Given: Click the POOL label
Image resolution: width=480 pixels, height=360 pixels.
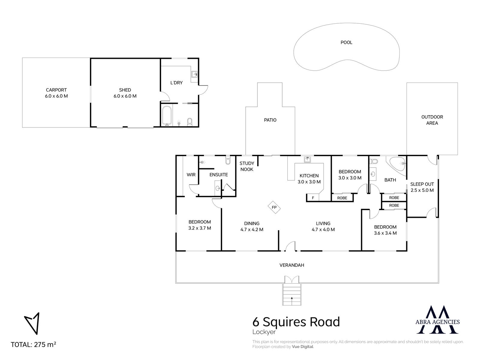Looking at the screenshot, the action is click(x=346, y=42).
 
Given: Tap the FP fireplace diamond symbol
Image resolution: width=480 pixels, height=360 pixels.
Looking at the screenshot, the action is click(x=274, y=207).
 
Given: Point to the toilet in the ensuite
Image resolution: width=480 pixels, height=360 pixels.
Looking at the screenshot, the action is click(x=228, y=160).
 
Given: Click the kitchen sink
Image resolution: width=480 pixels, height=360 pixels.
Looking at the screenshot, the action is click(x=307, y=159).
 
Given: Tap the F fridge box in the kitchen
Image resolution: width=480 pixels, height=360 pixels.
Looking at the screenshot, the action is click(x=313, y=198).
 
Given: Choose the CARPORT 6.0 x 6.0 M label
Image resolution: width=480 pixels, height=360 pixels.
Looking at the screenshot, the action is click(x=56, y=93).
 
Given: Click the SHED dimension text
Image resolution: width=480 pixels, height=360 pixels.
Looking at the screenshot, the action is click(x=125, y=96).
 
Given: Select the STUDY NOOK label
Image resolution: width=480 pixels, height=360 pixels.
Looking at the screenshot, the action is click(x=247, y=166).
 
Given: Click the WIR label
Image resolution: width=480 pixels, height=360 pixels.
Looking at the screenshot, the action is click(x=191, y=175).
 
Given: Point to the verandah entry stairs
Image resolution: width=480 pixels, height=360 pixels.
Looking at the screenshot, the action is click(x=292, y=294).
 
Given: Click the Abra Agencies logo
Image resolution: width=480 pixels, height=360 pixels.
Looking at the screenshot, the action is click(x=437, y=319).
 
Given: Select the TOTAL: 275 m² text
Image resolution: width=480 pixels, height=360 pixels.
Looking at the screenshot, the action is click(x=34, y=344).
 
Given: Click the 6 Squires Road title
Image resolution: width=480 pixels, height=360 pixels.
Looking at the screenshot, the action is click(x=296, y=322).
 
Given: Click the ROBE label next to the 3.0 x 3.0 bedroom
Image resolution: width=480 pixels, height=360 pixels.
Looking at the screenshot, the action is click(x=342, y=198).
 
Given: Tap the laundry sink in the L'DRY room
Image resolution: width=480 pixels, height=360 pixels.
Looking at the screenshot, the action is click(x=194, y=74).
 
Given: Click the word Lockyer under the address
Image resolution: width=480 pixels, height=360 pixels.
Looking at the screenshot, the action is click(x=264, y=332).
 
